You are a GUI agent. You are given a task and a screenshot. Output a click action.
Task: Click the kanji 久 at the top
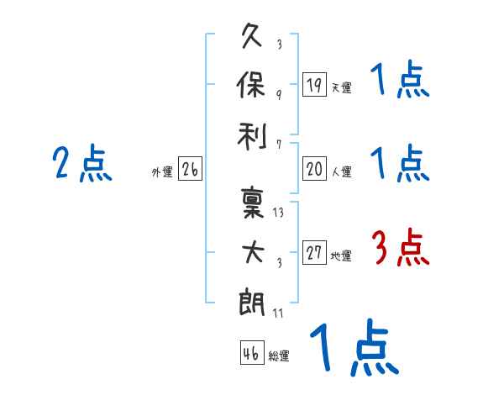(252, 38)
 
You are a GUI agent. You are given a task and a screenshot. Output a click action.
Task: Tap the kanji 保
(252, 84)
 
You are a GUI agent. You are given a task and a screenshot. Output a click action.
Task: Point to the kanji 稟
(252, 203)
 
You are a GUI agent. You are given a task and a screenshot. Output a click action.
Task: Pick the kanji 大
(252, 251)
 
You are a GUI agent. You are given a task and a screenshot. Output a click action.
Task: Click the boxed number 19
(314, 84)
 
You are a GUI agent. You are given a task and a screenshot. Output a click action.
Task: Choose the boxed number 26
(190, 170)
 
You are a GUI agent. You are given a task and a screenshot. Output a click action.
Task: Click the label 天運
(341, 87)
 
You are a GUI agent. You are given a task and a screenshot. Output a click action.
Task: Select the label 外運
(162, 172)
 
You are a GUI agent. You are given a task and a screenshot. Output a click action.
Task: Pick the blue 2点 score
(82, 163)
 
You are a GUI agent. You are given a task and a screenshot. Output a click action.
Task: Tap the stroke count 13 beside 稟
(278, 213)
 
